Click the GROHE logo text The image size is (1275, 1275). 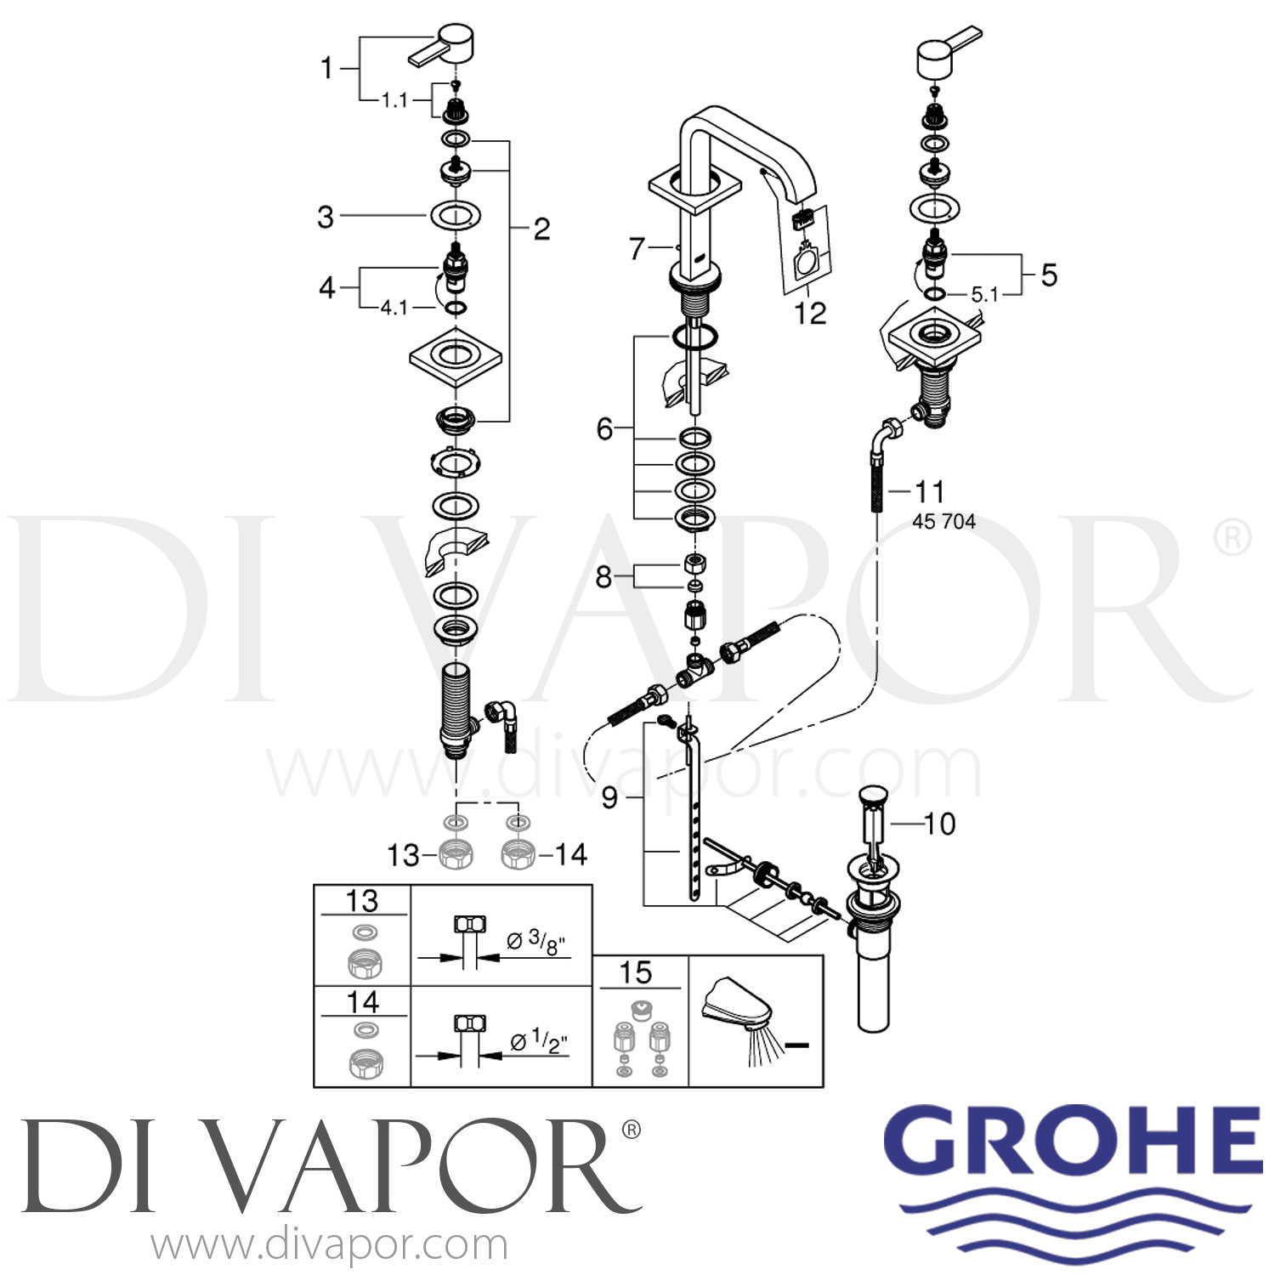coord(1073,1138)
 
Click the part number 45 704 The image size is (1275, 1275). coord(943,521)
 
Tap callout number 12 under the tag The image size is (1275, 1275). coord(809,313)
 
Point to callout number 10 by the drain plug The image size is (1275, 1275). coord(939,823)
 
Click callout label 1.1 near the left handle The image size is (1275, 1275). coord(394,100)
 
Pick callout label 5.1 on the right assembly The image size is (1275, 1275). coord(984,295)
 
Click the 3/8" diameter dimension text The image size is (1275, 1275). coord(536,941)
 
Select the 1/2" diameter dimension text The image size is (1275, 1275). coord(539,1041)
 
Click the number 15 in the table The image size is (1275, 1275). coord(636,972)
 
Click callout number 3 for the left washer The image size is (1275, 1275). coord(326,217)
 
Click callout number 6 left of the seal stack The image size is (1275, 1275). coord(604,428)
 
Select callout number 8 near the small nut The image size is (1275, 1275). coord(603,577)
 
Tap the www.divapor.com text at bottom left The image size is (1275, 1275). coord(329,1245)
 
